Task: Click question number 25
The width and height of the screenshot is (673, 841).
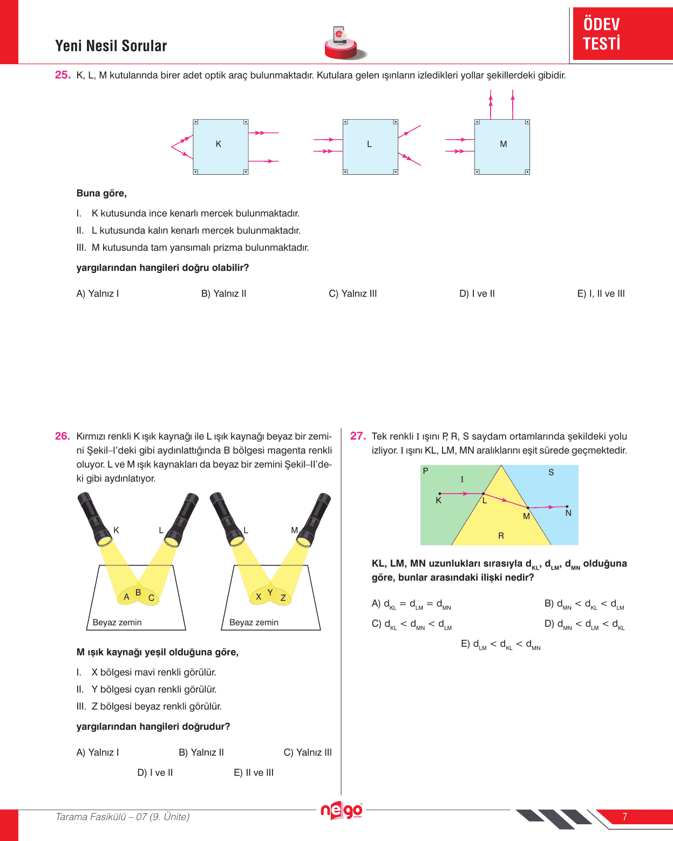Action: pos(63,75)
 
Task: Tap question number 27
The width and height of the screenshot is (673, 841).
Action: pos(358,436)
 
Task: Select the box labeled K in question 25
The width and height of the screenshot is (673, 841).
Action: pos(221,147)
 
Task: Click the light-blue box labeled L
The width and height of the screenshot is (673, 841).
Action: pos(370,147)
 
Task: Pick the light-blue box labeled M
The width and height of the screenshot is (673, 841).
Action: pos(502,147)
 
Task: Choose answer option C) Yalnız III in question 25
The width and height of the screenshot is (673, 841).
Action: pos(353,293)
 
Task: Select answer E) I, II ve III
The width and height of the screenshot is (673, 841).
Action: pos(601,293)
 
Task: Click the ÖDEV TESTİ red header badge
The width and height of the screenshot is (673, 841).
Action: pos(622,33)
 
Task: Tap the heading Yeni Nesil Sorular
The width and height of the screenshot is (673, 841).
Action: pos(111,46)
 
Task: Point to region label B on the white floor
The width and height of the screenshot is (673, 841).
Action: pos(138,592)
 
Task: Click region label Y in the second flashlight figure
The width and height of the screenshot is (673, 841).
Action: pos(270,592)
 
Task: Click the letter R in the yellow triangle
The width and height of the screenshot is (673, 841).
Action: pos(501,536)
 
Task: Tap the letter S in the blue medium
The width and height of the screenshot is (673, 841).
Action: pos(551,472)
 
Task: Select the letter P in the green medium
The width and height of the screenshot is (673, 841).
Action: pos(425,471)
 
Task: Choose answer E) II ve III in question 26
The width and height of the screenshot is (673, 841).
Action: pos(254,772)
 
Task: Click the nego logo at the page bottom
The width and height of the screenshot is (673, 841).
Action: pos(342,810)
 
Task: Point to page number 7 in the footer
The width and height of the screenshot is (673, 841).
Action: pos(625,817)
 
